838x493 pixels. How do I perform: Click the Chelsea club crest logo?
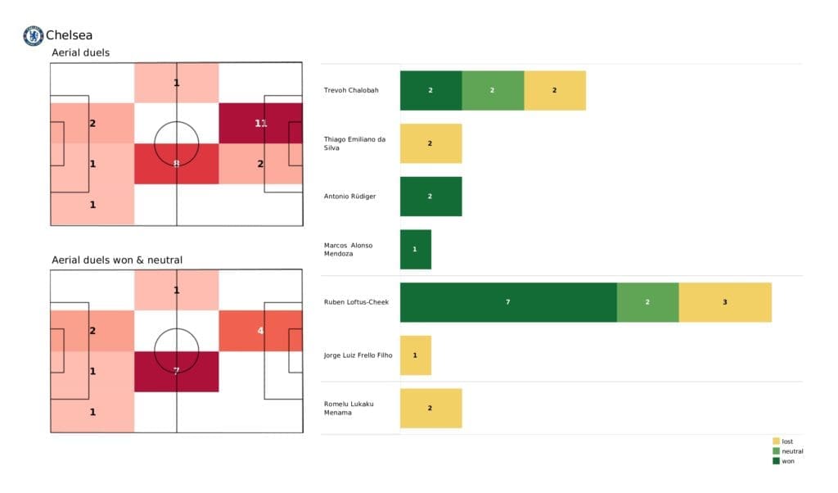click(33, 35)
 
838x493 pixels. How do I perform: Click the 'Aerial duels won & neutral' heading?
click(117, 260)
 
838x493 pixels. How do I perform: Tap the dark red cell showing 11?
click(260, 123)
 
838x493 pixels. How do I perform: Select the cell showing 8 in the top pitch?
click(176, 164)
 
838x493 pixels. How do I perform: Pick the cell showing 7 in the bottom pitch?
click(176, 371)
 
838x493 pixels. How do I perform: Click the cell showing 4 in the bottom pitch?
click(260, 330)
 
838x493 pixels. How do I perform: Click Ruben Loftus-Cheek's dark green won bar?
click(507, 302)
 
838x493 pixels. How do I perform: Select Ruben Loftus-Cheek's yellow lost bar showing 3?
click(724, 302)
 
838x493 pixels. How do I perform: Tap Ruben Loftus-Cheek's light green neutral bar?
click(647, 302)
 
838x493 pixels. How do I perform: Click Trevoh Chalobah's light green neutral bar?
click(493, 90)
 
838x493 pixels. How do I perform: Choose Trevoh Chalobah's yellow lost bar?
click(554, 90)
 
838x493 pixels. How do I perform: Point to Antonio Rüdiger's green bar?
click(430, 197)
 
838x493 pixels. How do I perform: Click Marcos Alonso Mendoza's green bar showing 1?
click(415, 249)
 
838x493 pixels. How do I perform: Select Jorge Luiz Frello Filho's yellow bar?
click(415, 355)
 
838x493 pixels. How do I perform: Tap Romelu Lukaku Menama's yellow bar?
click(430, 408)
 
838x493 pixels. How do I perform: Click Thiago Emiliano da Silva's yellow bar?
click(430, 143)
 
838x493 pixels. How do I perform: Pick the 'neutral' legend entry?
click(790, 451)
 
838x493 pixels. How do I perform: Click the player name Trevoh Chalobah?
click(351, 90)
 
